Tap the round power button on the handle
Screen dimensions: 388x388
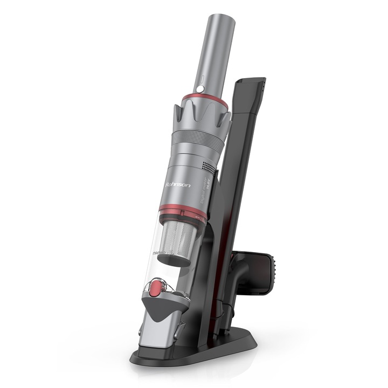point(200,88)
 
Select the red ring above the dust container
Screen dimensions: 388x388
point(183,212)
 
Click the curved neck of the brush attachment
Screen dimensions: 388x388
point(239,275)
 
